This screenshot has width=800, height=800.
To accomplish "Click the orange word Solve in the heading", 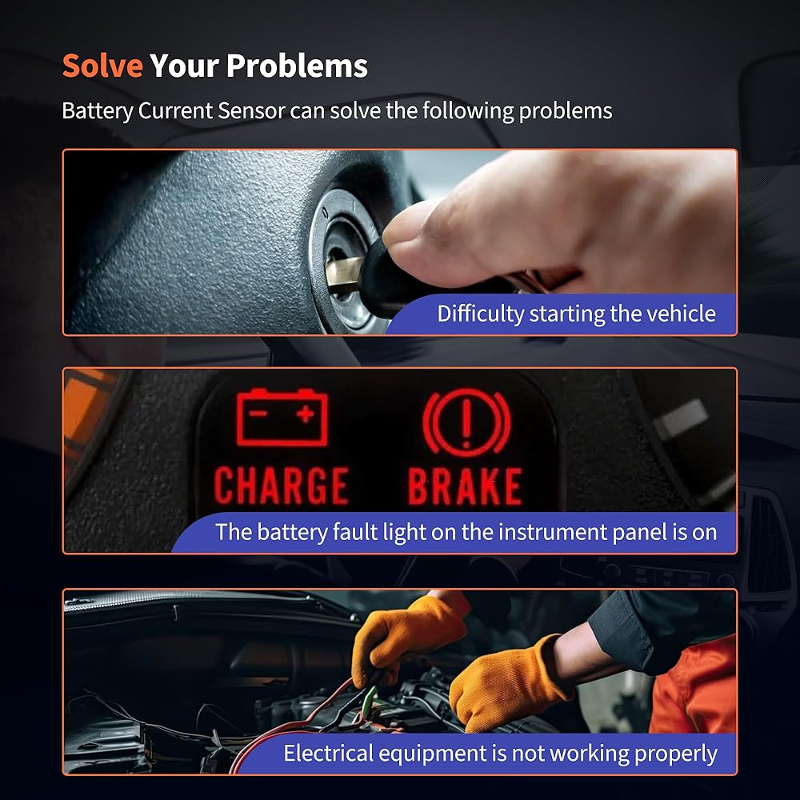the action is tap(102, 66).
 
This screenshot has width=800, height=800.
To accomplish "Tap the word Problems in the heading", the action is tap(297, 66).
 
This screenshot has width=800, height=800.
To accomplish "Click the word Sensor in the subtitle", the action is tap(251, 110).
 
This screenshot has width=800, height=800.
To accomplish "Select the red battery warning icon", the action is tap(282, 417).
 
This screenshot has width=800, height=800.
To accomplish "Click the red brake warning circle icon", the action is tap(466, 422).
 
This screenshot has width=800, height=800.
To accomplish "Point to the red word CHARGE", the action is tap(281, 486).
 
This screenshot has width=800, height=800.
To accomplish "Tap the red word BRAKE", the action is tap(465, 486).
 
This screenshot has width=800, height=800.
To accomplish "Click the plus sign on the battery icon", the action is tap(306, 414).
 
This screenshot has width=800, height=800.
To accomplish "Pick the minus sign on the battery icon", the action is tap(259, 413).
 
